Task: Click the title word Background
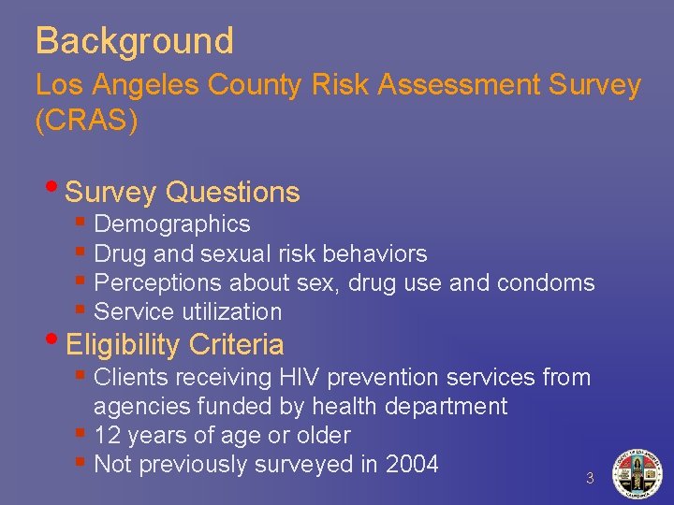(134, 41)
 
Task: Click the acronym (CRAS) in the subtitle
(86, 122)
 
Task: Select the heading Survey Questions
(183, 193)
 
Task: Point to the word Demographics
(172, 224)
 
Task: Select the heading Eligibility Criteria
(175, 345)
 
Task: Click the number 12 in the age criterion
(107, 436)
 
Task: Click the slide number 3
(590, 478)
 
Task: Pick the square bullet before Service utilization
(82, 309)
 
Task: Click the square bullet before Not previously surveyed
(82, 461)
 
